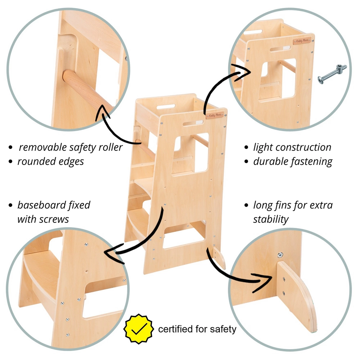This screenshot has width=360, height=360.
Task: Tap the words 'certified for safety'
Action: [197, 329]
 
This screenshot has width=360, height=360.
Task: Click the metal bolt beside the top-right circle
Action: [332, 73]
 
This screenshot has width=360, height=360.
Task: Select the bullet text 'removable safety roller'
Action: [71, 147]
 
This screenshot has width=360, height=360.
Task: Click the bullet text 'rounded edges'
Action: [50, 161]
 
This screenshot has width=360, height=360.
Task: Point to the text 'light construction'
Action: [292, 147]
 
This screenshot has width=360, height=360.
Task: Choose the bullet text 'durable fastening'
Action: [293, 161]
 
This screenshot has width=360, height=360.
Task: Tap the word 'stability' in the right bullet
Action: [271, 219]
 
